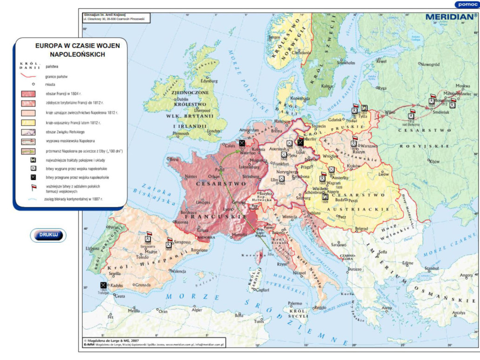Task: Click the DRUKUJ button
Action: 48,235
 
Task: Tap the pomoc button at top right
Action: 466,4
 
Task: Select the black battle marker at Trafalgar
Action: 103,285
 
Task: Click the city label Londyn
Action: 214,132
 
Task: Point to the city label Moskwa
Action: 462,86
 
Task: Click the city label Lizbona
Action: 93,248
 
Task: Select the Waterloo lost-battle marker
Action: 242,143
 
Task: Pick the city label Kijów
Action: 434,161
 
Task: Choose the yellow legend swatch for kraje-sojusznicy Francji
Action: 28,123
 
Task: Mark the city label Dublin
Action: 181,99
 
